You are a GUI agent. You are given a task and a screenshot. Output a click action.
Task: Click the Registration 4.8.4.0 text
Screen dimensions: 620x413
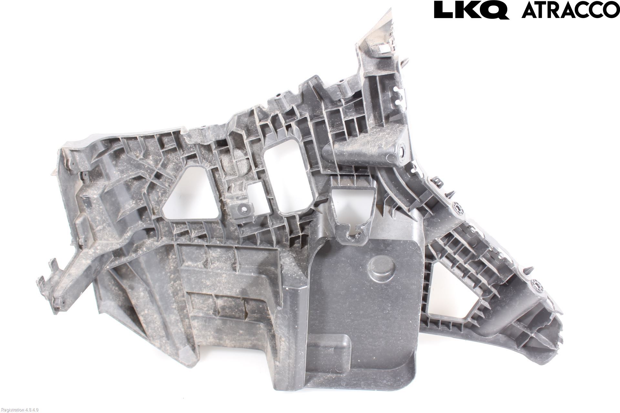[20, 409]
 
